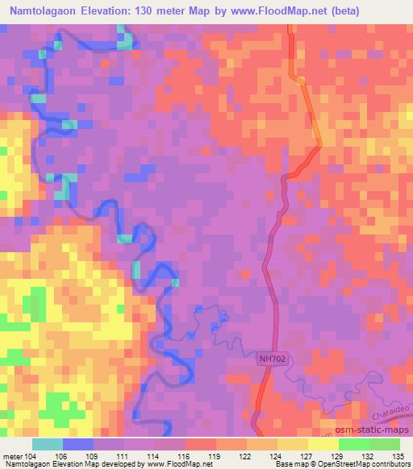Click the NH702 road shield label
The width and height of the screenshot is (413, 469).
273,359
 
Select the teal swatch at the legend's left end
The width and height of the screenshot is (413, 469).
48,444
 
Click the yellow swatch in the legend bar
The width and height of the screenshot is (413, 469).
324,444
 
